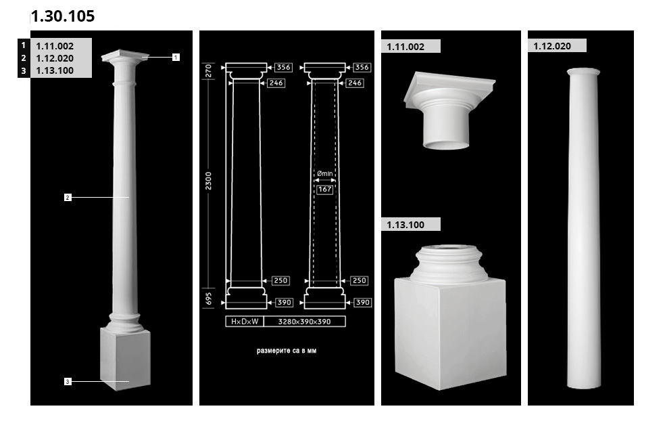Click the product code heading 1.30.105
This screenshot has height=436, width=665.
63,16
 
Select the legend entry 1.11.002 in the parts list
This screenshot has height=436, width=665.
55,46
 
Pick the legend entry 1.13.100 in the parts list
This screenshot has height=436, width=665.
55,70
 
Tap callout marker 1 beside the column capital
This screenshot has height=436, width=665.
176,57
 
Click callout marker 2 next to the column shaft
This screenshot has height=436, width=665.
68,197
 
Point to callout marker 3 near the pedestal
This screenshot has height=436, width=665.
68,382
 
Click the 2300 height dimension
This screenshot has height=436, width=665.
208,181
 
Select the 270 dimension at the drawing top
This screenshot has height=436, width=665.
208,71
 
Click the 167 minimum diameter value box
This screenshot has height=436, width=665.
325,189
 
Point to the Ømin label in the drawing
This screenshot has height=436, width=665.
325,173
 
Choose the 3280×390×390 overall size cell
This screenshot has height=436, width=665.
305,322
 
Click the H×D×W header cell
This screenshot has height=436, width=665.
245,322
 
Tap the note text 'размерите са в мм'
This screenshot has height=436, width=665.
287,351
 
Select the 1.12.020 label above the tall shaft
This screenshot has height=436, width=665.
552,46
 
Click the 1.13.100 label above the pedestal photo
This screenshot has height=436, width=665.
405,225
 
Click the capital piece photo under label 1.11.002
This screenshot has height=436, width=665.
448,110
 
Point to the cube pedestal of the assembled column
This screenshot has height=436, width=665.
126,358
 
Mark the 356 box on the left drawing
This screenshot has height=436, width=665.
283,67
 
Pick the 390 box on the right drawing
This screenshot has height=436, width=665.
363,302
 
